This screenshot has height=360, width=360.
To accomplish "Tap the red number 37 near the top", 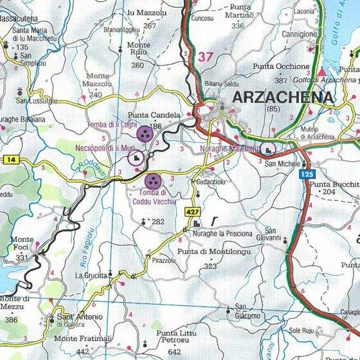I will point(205,57).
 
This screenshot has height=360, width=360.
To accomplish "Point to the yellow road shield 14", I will point(10,159).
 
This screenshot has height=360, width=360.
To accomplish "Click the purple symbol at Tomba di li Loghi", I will point(145,134).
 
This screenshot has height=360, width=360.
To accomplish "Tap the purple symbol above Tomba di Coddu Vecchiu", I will point(153,181).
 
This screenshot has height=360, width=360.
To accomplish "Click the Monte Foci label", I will point(22,244).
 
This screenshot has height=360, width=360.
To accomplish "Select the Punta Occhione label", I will point(281,66).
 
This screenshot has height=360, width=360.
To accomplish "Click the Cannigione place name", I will point(296,33).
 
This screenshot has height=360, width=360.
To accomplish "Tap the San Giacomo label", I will point(248,311).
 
